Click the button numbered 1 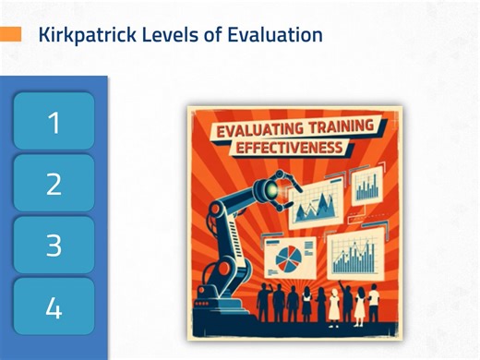[x=54, y=122]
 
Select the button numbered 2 [x=54, y=184]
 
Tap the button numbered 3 [x=54, y=246]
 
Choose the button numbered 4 [x=54, y=307]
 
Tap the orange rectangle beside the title [x=10, y=34]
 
